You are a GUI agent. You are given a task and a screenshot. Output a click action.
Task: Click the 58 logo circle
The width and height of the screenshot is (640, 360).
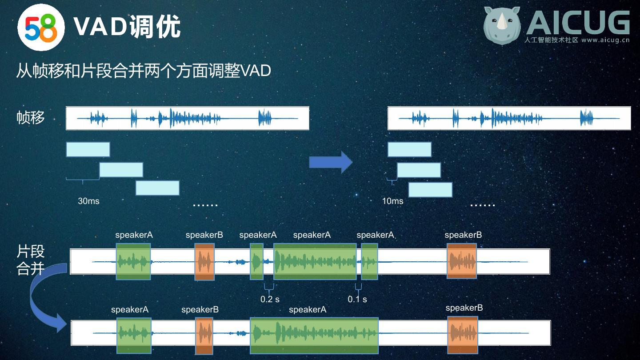[41, 27]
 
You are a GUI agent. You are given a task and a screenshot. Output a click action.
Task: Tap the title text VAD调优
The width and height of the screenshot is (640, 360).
[127, 27]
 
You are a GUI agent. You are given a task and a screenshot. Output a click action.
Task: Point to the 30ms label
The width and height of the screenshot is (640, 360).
[89, 201]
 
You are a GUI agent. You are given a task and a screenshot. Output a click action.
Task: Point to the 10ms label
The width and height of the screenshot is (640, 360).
[393, 201]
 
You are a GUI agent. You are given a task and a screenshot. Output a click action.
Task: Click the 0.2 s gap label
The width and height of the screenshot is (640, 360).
[270, 299]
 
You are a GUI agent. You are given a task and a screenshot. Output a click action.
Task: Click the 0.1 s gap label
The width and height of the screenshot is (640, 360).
[357, 299]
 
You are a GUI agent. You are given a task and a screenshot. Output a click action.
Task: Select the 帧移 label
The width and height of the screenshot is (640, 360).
[31, 118]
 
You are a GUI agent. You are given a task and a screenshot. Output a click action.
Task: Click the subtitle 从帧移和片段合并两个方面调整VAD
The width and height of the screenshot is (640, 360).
[144, 71]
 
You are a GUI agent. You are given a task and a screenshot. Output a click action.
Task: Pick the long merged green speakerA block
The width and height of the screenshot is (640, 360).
[314, 335]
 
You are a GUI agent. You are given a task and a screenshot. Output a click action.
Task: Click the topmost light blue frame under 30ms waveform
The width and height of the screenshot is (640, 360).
[88, 150]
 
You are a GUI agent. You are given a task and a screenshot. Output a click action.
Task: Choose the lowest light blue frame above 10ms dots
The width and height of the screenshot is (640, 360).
[430, 190]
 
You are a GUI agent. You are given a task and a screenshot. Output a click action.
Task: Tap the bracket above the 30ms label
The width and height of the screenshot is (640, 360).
[83, 180]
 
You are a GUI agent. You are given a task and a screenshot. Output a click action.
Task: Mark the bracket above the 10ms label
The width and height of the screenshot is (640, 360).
[392, 181]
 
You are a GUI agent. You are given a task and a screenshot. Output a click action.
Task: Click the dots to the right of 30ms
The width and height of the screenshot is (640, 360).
[205, 205]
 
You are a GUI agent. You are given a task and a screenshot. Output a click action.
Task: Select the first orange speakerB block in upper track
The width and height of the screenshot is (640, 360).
[204, 262]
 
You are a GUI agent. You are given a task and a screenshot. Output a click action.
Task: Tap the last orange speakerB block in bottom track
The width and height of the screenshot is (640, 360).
[463, 335]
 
